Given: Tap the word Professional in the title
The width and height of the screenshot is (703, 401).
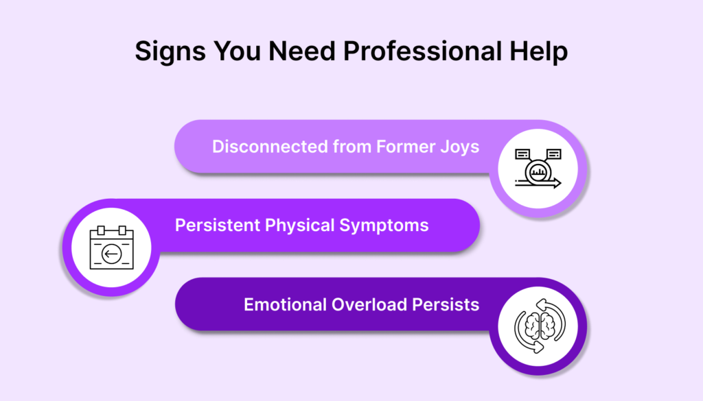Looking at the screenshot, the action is pos(422,51).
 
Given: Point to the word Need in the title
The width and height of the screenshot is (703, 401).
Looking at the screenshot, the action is pos(302,51).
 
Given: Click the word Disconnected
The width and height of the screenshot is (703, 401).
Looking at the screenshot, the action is pos(270,147).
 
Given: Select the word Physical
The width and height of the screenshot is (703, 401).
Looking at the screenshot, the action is pos(299,226).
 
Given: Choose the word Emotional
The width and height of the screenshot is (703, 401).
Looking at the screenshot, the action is pos(285,305).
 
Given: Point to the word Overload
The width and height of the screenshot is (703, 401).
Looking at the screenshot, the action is pos(369,305).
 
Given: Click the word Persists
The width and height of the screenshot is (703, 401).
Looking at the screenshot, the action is pos(446,305).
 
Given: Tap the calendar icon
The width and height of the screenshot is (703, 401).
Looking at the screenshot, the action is pos(112,247).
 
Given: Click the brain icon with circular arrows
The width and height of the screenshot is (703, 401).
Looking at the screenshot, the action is pos(540,326).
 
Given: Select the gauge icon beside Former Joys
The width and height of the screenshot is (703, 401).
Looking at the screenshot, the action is pos(538,169).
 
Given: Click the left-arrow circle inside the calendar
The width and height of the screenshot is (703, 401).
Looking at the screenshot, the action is pos(112,254).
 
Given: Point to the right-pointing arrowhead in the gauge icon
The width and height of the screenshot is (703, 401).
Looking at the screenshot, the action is pos(557,182).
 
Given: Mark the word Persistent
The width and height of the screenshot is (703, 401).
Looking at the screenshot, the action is pos(217,226).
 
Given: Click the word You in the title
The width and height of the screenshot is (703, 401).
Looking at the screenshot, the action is pos(237,51).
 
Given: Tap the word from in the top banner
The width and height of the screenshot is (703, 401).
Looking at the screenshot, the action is pos(352,147).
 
